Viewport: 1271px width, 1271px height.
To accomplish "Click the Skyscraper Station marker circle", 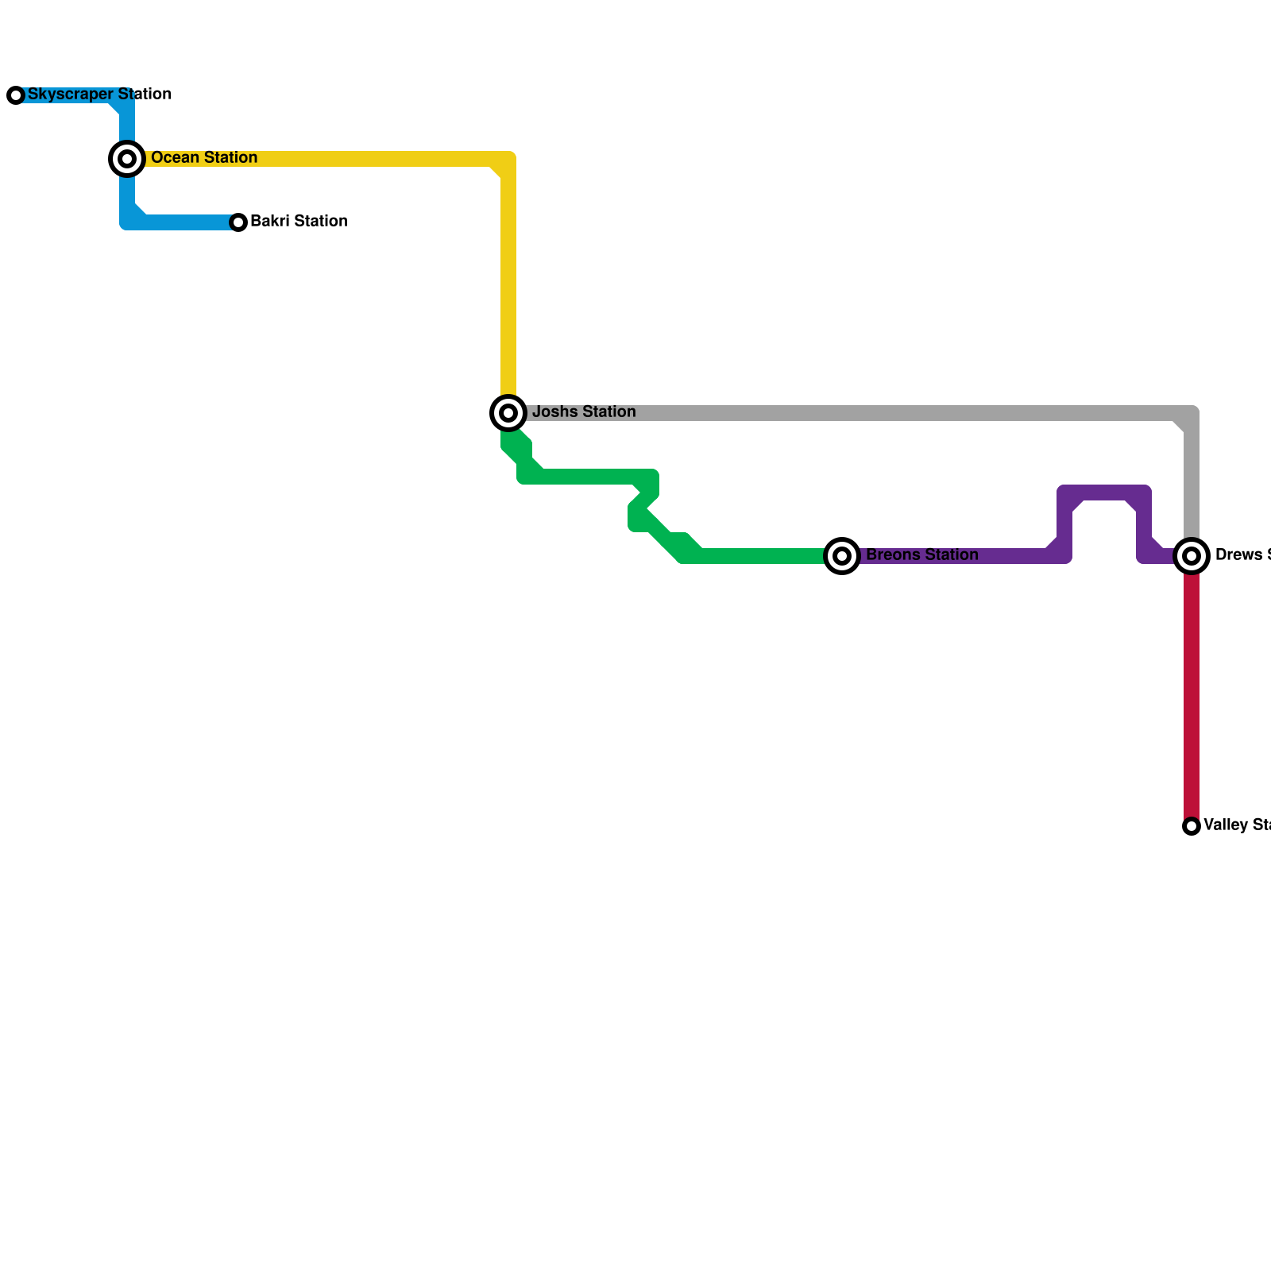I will pyautogui.click(x=16, y=95).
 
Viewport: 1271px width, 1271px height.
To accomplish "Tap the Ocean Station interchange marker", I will pyautogui.click(x=127, y=159).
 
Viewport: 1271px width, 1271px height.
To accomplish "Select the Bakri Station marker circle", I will pyautogui.click(x=238, y=222).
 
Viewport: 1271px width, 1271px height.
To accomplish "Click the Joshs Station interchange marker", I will pyautogui.click(x=508, y=413).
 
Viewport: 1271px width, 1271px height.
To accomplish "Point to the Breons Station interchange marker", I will pyautogui.click(x=842, y=556).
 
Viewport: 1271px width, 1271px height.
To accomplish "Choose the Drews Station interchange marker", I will pyautogui.click(x=1192, y=556).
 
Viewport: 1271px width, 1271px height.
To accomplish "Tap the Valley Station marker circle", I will pyautogui.click(x=1192, y=826).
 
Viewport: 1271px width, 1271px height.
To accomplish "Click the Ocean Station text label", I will pyautogui.click(x=204, y=158).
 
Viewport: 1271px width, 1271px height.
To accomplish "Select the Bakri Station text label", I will pyautogui.click(x=299, y=222).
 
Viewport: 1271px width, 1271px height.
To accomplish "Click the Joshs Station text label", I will pyautogui.click(x=584, y=412).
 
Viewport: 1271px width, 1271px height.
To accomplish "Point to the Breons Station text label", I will pyautogui.click(x=921, y=555).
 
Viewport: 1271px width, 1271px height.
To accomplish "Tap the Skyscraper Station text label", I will pyautogui.click(x=99, y=95).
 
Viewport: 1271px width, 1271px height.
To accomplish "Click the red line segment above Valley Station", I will pyautogui.click(x=1192, y=699).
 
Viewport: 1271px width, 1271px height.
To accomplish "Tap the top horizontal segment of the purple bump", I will pyautogui.click(x=1104, y=493).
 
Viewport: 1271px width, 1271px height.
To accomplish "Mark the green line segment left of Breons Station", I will pyautogui.click(x=763, y=556).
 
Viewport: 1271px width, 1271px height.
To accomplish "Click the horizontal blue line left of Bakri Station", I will pyautogui.click(x=187, y=222).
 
